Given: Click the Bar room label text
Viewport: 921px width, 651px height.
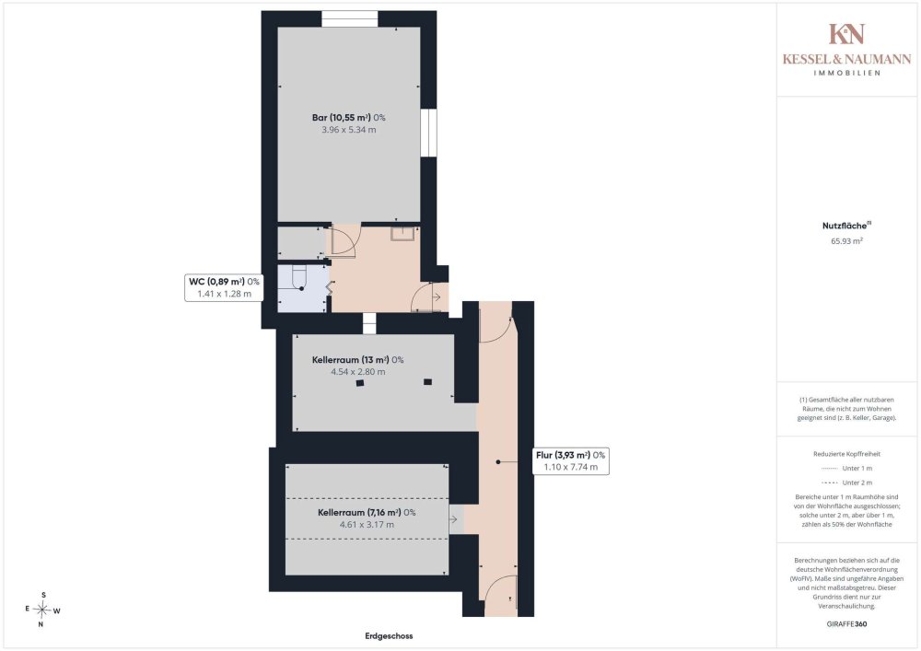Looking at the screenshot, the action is point(348,118).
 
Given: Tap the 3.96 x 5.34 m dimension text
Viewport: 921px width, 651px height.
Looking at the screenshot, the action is point(348,130).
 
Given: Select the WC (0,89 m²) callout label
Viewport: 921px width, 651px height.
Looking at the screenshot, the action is point(224,287).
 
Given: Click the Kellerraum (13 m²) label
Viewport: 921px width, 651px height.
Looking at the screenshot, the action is point(357,360).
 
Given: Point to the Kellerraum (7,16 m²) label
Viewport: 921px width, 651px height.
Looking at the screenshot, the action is point(367,513).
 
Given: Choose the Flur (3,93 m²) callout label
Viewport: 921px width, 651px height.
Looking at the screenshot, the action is point(570,460).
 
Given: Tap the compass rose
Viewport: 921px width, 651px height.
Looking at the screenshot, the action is point(42,610).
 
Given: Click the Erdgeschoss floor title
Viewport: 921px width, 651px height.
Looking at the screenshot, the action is point(389,635).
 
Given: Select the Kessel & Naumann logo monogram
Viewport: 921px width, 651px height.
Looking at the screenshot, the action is point(846,34).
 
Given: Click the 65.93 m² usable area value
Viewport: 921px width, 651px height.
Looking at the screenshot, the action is point(846,240).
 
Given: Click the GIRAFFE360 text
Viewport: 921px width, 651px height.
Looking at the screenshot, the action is point(846,624).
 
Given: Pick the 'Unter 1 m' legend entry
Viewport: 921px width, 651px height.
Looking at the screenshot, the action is point(846,469).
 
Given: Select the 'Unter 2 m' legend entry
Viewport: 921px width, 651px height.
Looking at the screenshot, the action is point(846,482).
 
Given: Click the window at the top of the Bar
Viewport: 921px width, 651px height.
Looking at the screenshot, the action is point(349,18).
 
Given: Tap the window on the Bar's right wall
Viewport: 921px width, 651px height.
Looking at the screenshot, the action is point(429,133).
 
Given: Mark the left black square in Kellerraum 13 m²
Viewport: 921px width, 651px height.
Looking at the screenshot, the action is point(360,383).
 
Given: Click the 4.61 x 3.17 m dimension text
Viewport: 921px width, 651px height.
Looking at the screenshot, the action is point(367,525).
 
